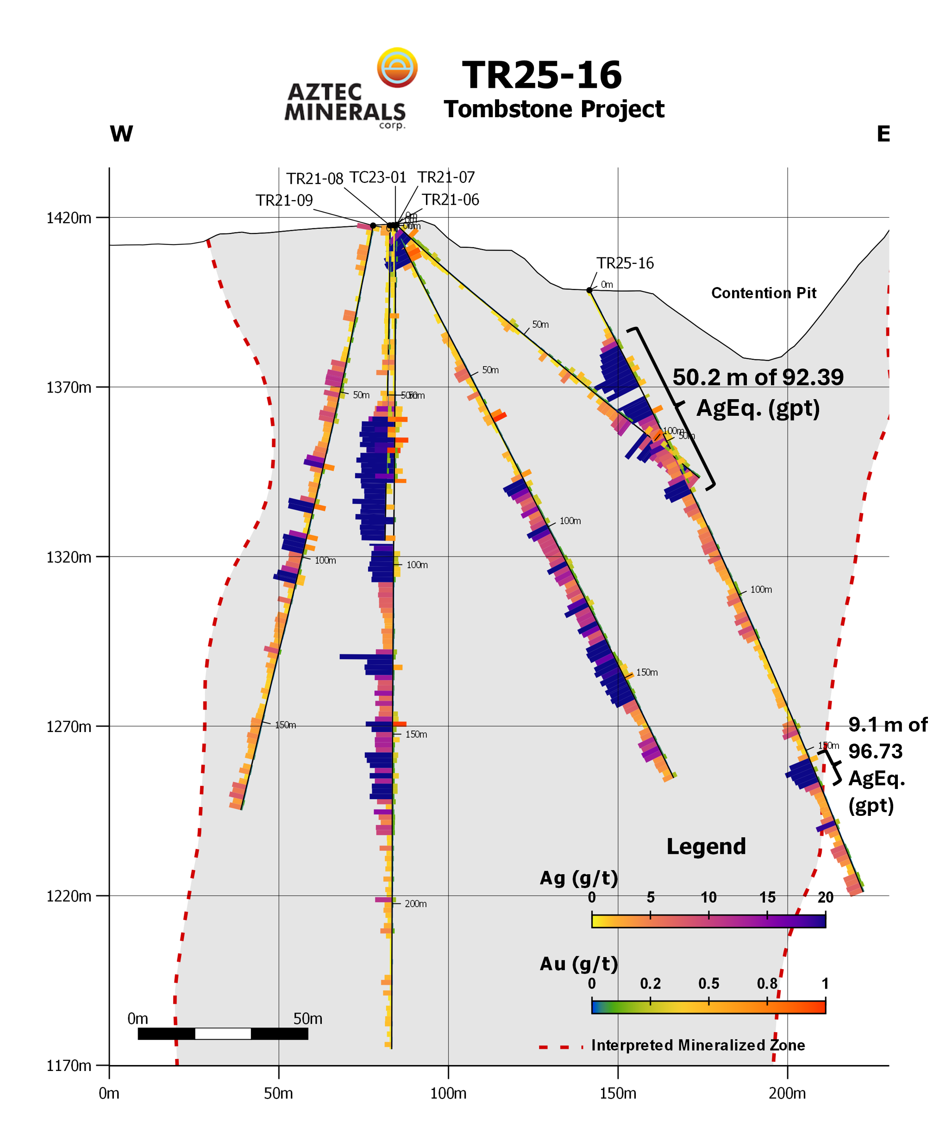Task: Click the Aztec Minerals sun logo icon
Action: [397, 68]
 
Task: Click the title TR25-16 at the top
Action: [541, 75]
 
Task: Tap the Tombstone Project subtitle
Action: [553, 109]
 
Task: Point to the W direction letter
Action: [121, 134]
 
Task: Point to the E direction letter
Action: [883, 134]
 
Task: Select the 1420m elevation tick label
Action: [69, 218]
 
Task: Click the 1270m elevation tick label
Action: [69, 727]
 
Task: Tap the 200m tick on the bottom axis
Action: [787, 1094]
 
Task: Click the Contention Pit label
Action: [763, 293]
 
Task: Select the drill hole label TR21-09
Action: [284, 201]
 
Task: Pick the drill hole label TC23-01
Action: [378, 178]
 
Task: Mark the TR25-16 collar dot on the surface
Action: [589, 290]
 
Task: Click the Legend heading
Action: [706, 846]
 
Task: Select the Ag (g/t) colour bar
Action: [708, 921]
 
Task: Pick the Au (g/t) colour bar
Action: [708, 1006]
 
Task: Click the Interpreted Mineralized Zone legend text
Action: [698, 1045]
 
